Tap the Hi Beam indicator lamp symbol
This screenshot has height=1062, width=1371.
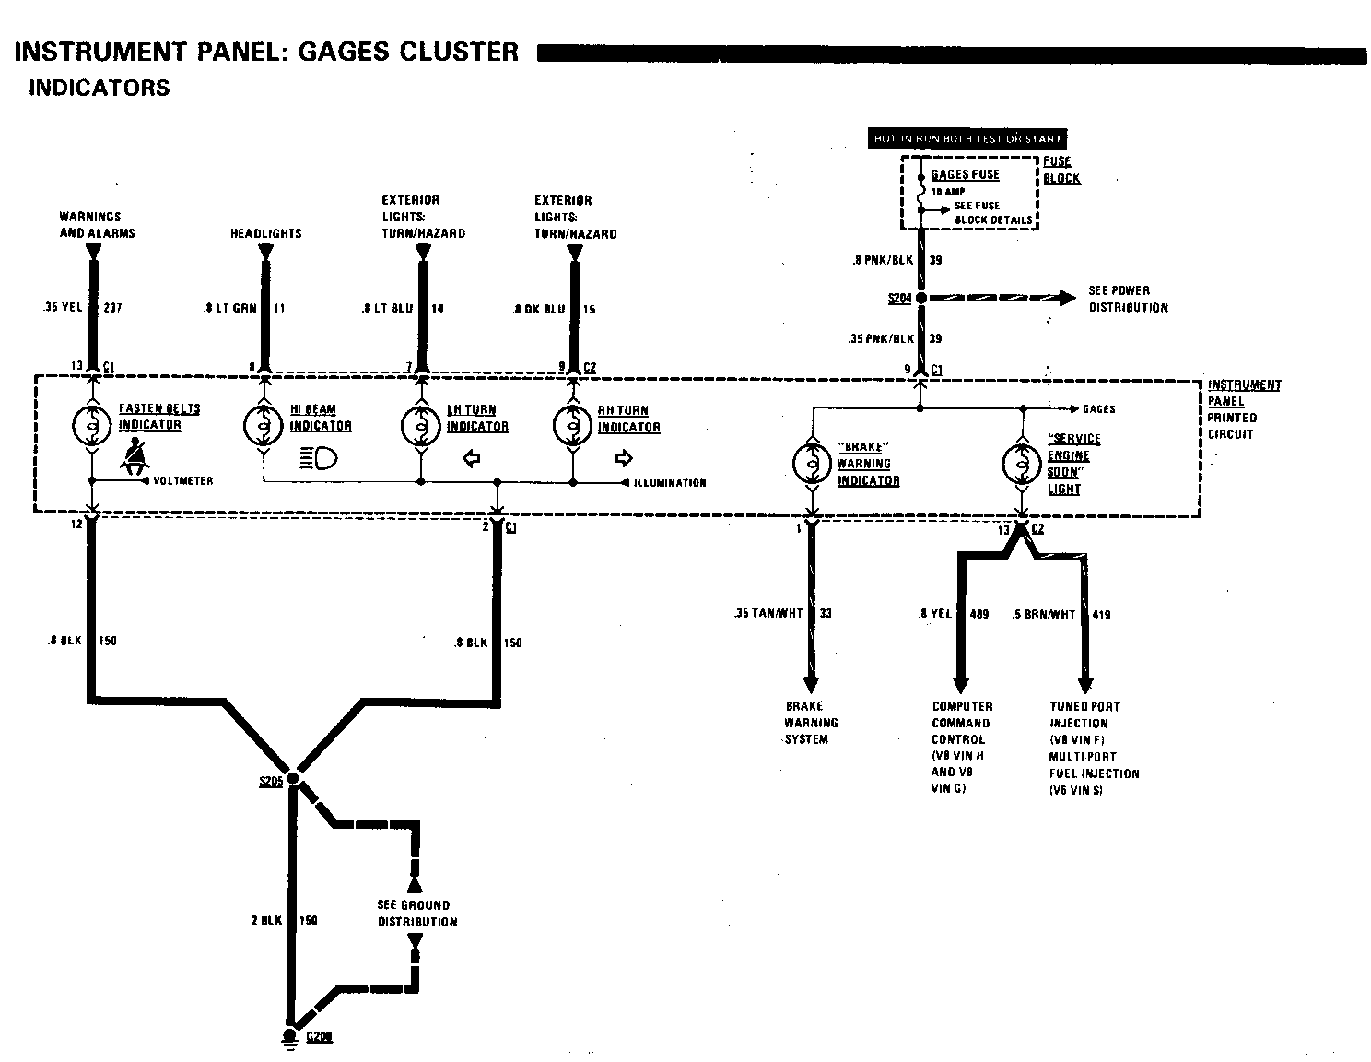(x=264, y=425)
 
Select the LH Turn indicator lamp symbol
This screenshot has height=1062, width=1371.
(x=422, y=425)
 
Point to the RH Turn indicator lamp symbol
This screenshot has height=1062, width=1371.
(x=573, y=425)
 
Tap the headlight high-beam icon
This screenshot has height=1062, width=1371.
(x=319, y=457)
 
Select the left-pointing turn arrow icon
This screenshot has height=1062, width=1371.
(x=472, y=458)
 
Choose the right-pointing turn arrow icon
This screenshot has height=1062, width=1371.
(x=624, y=458)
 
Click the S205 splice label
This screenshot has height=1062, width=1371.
(x=271, y=782)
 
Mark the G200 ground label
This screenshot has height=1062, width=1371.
(x=319, y=1036)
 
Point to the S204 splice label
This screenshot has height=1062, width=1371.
(x=899, y=298)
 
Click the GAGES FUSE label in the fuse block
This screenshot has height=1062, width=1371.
(x=965, y=174)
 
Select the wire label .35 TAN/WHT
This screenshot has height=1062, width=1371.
(x=769, y=613)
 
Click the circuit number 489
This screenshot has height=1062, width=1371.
(x=978, y=613)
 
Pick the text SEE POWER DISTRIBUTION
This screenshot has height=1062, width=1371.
(x=1128, y=299)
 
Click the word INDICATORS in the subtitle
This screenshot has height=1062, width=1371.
(x=100, y=88)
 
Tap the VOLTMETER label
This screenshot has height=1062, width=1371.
(x=183, y=481)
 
